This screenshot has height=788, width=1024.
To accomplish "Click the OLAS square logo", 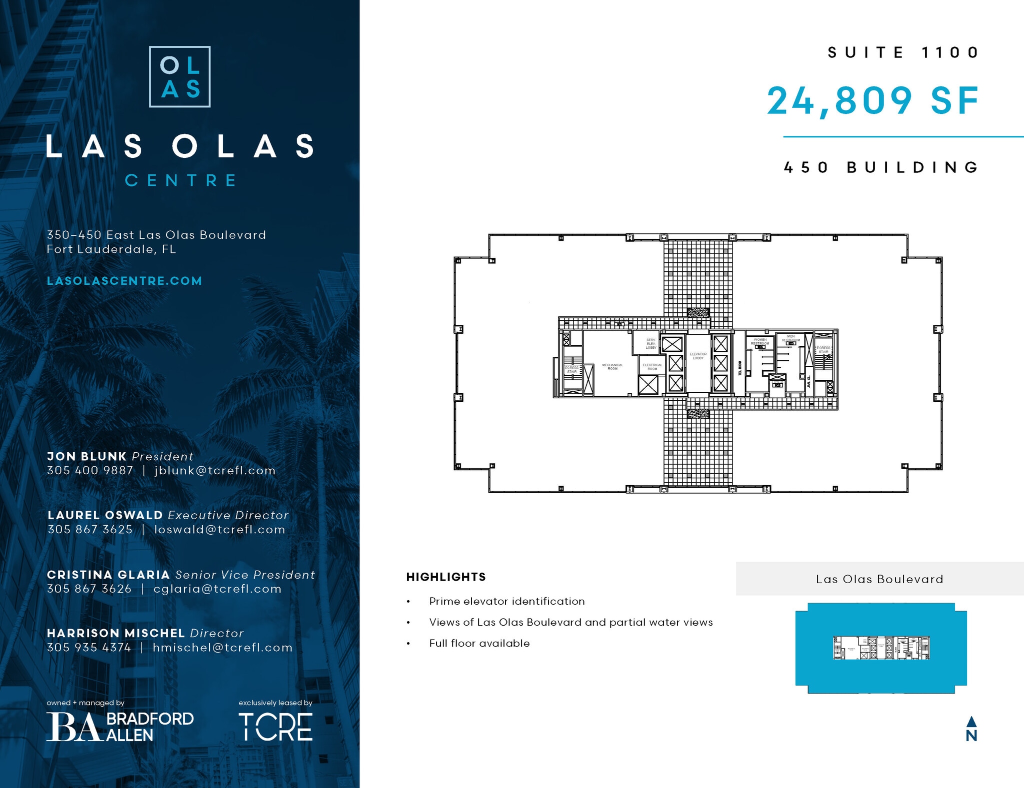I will (x=179, y=77).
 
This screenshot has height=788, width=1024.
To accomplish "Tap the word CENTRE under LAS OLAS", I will (x=180, y=180).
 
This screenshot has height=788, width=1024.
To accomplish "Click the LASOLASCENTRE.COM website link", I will (x=124, y=281).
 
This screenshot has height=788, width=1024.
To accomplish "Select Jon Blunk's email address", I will (x=215, y=471).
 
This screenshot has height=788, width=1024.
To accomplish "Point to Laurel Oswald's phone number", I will (x=90, y=530).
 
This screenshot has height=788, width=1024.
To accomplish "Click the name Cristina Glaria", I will (x=108, y=575).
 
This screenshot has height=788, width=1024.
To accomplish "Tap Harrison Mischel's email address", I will (x=222, y=648).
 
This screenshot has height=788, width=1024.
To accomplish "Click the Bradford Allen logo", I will (x=120, y=727).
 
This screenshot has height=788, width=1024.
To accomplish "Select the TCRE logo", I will (x=275, y=727).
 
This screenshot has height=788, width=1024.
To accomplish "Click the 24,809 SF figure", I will (x=872, y=101).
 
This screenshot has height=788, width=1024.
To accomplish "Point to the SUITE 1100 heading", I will (x=903, y=52).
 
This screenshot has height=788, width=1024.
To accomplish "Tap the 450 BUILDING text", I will (x=881, y=167).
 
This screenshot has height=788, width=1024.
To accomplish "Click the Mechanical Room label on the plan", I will (x=612, y=366).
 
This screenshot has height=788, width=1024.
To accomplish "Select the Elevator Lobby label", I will (x=698, y=356).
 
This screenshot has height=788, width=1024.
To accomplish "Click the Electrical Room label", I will (x=652, y=366).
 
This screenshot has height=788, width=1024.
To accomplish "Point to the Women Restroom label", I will (x=760, y=342).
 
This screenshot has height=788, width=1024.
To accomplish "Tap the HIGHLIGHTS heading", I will (x=446, y=577).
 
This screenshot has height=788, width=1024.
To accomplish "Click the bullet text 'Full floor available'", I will (x=479, y=644).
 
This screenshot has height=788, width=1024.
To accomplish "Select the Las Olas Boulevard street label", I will (x=879, y=579).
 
